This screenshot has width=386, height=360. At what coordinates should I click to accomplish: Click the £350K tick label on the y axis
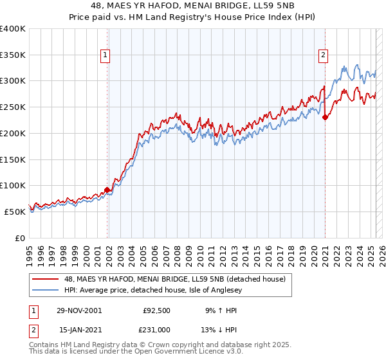13,55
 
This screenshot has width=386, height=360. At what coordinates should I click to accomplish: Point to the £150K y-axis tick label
13,159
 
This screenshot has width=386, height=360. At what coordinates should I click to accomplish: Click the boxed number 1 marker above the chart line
104,55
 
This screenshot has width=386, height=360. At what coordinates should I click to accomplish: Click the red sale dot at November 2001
107,190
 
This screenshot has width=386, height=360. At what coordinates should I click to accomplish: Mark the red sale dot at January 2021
326,117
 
